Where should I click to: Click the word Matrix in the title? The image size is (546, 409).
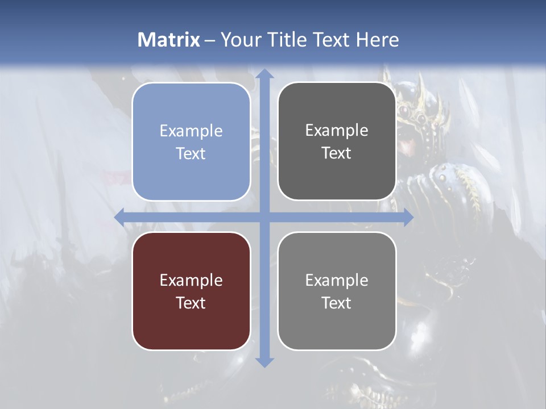[169, 40]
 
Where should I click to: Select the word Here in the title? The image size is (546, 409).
[377, 40]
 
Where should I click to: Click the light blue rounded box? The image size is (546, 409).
[191, 141]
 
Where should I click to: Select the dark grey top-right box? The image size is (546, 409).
[337, 141]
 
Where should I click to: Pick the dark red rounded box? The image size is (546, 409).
[191, 291]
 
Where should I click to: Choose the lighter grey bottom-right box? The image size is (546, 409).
[337, 291]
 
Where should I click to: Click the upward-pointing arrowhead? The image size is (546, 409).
[264, 74]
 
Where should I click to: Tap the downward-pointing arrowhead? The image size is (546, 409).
[264, 362]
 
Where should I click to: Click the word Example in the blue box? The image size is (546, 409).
[191, 131]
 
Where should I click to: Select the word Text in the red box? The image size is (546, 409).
[191, 303]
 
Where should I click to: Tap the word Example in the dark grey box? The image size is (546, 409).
[337, 130]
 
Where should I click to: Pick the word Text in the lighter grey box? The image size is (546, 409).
[337, 303]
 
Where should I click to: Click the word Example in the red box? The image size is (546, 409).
[191, 280]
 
